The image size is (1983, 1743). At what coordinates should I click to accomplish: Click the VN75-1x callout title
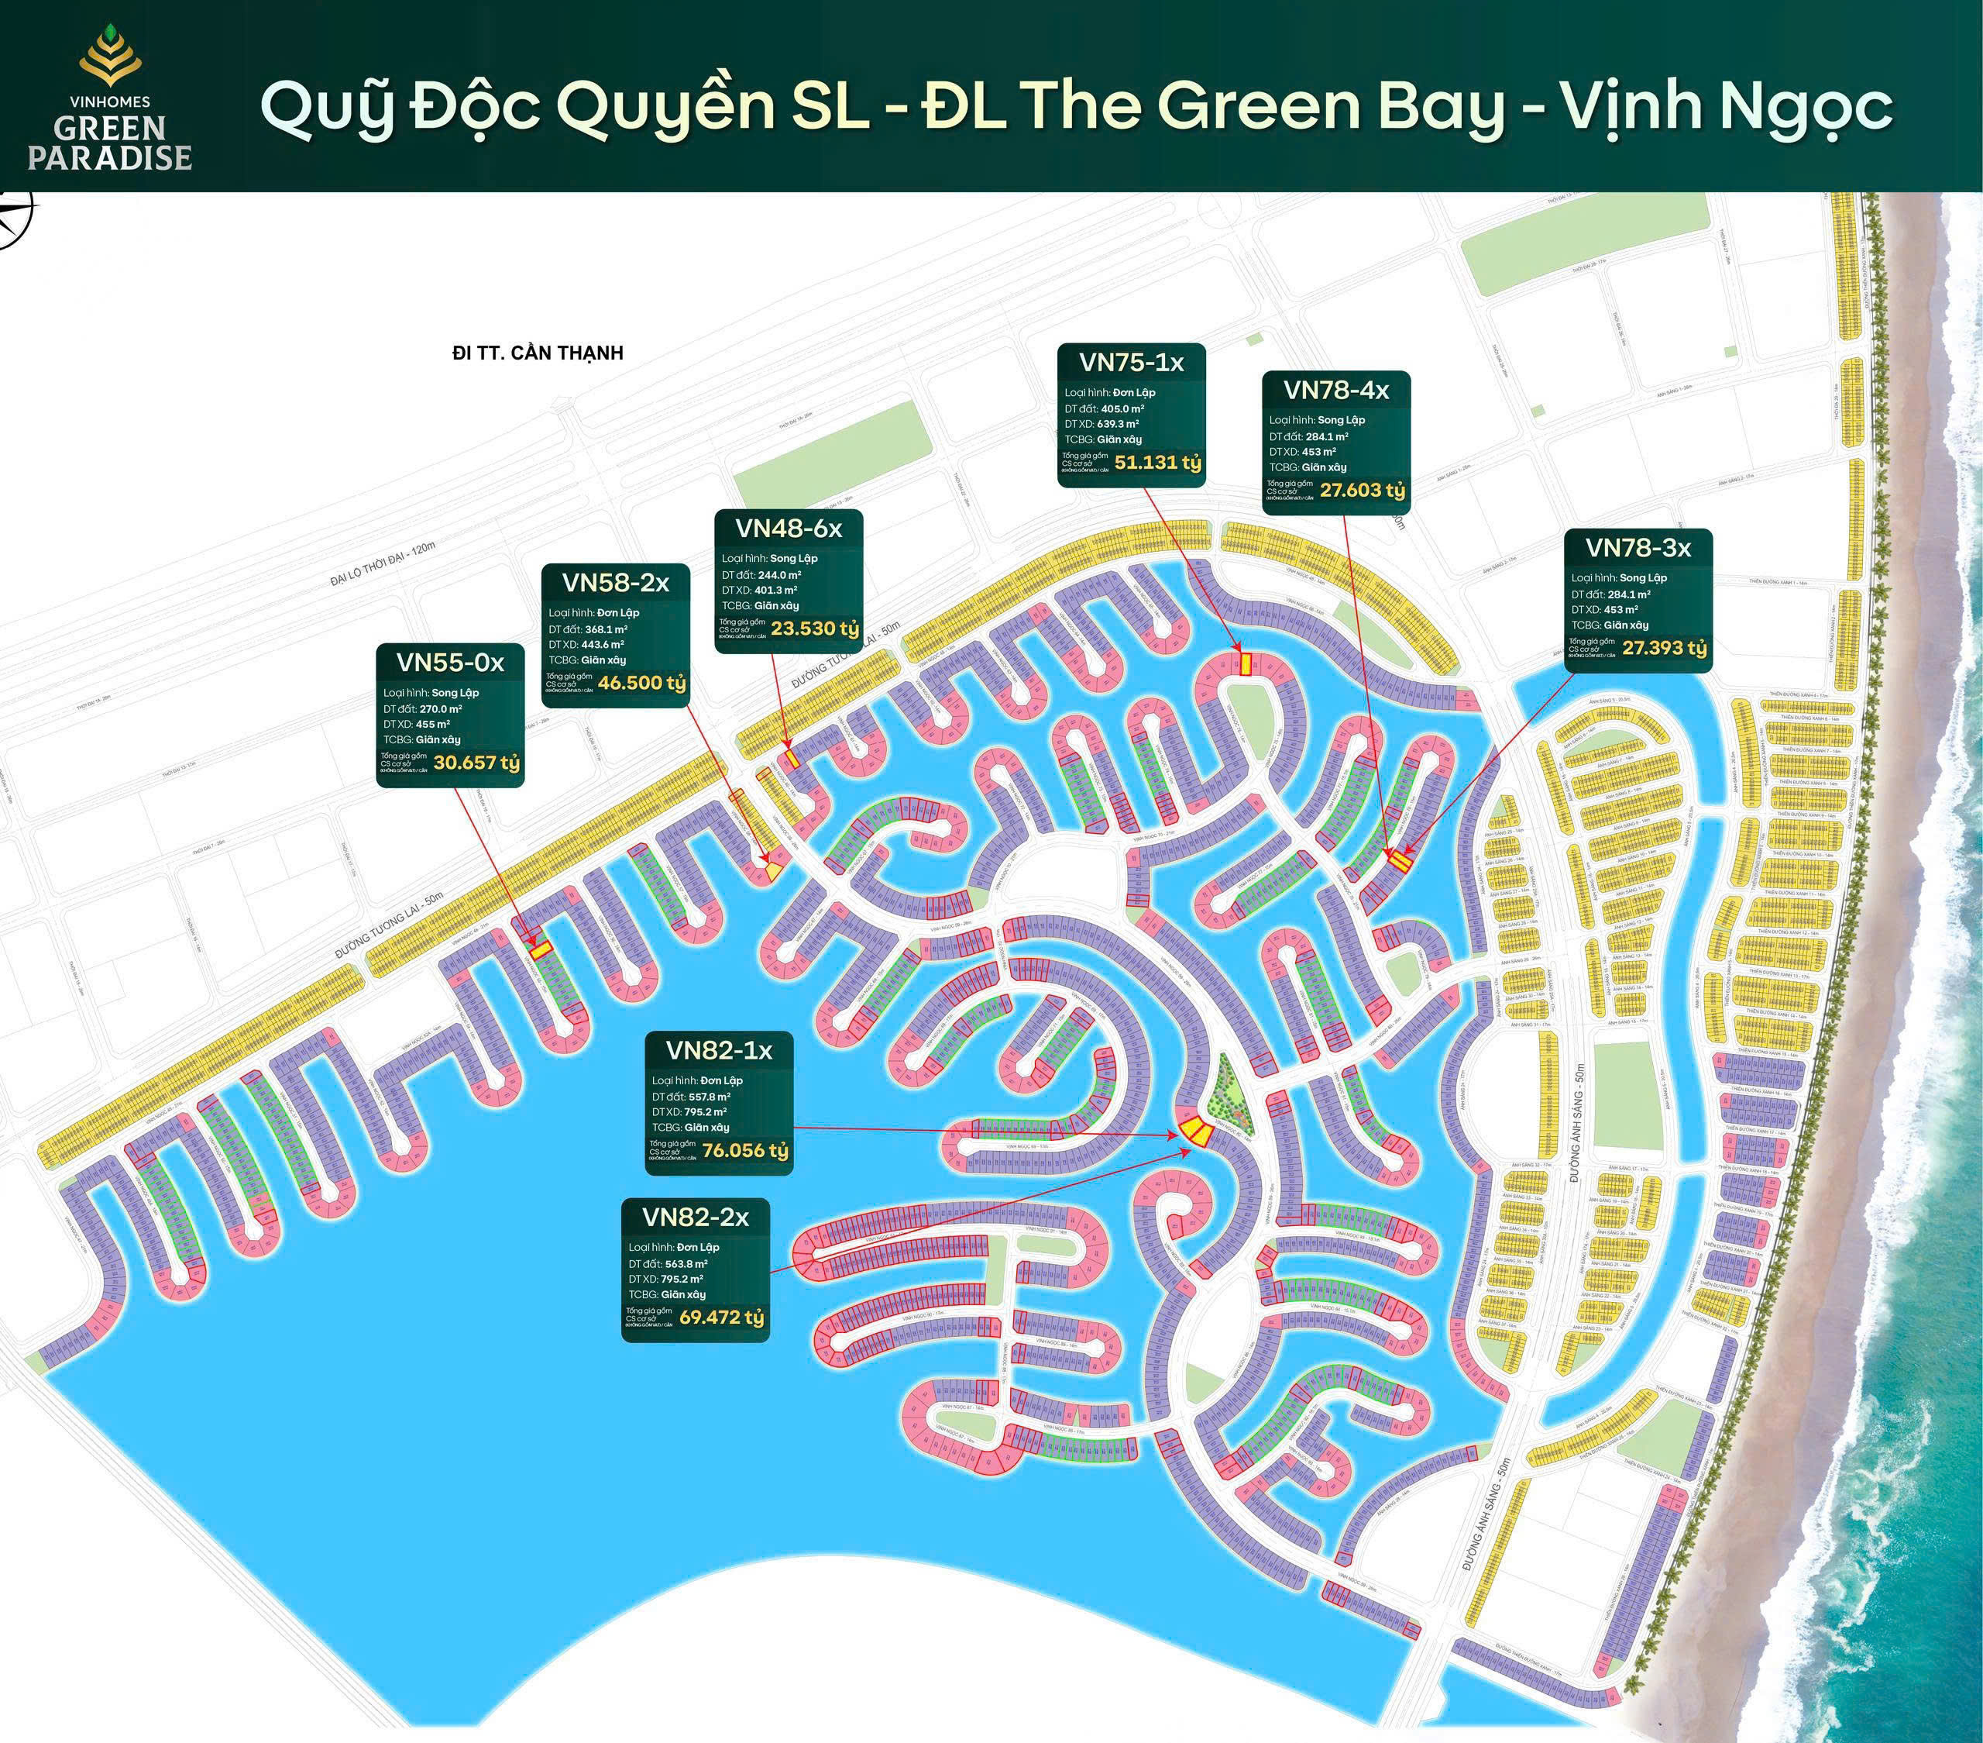(x=1131, y=362)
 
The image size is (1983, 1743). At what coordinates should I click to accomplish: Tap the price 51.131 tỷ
(x=1157, y=463)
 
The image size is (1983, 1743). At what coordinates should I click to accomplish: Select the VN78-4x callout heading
(x=1336, y=390)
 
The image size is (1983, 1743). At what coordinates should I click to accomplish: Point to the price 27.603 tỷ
(x=1362, y=490)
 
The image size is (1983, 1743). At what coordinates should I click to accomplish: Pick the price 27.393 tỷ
(x=1664, y=647)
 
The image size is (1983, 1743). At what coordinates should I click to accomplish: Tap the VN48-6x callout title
(x=788, y=528)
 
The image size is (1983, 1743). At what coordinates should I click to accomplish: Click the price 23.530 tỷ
(x=815, y=629)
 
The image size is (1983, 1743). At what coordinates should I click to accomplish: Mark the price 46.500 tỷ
(x=641, y=682)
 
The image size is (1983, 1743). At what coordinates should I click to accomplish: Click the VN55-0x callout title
(x=450, y=662)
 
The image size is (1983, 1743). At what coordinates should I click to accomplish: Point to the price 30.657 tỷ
(x=476, y=763)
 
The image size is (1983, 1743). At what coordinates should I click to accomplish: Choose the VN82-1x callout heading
(x=719, y=1050)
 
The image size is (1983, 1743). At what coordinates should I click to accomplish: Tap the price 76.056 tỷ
(x=745, y=1151)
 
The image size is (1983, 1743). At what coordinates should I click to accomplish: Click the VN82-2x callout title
(x=695, y=1217)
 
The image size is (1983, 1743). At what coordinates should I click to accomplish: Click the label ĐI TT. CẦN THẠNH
(x=538, y=353)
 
